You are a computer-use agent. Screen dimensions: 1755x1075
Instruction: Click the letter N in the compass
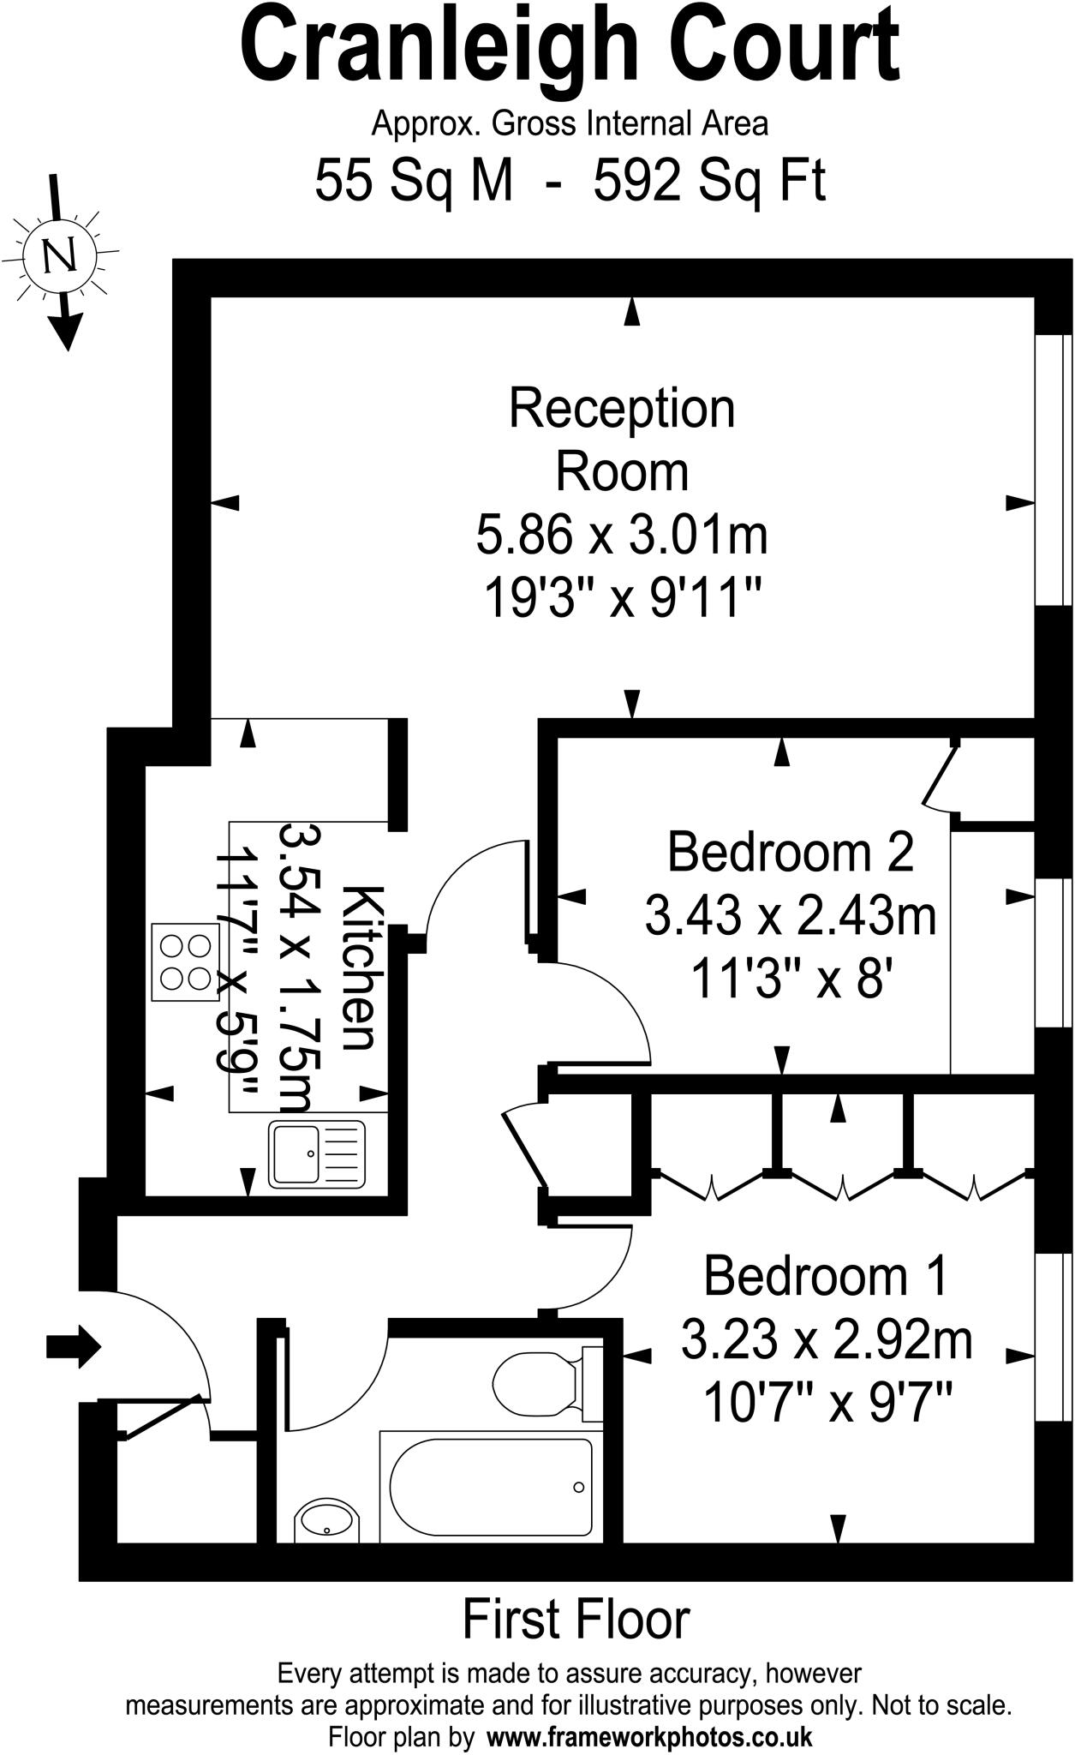[x=59, y=256]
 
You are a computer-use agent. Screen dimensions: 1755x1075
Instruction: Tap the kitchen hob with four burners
[x=185, y=961]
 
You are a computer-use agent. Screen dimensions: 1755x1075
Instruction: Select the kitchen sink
[x=317, y=1153]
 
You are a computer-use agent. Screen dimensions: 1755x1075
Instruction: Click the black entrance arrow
[x=73, y=1346]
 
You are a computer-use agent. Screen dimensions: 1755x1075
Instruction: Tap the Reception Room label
[x=622, y=440]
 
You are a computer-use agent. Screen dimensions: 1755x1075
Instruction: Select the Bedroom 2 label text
[x=790, y=852]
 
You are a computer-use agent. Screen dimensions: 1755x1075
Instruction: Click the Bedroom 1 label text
[x=826, y=1276]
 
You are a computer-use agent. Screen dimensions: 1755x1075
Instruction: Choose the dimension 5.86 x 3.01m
[x=622, y=536]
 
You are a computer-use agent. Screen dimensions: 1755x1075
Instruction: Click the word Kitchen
[x=360, y=968]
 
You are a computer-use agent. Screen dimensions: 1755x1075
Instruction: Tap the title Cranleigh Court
[x=569, y=47]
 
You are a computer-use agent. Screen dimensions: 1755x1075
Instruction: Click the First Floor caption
[x=576, y=1620]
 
